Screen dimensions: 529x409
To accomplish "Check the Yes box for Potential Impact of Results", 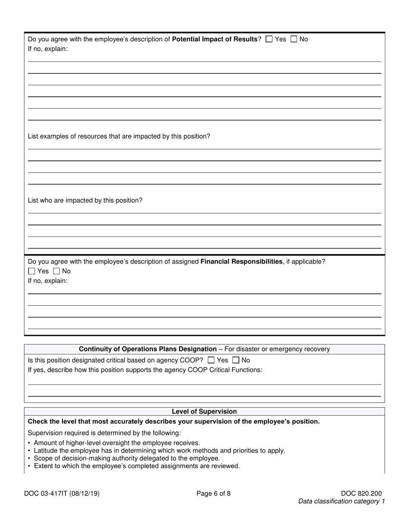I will (269, 39).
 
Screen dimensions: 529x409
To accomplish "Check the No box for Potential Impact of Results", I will (294, 39).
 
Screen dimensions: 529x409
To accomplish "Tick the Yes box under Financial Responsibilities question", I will (31, 271).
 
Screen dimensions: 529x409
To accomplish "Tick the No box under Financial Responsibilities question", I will (56, 271).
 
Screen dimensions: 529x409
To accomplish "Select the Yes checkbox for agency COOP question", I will (211, 360).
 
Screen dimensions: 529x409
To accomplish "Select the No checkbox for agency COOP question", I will (236, 360).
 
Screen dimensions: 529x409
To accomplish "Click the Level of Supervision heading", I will (204, 412).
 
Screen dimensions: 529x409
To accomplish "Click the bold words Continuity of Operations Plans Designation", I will (148, 349).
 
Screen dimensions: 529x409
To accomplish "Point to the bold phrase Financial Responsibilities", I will (242, 261).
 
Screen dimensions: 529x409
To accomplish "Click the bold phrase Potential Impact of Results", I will (214, 39).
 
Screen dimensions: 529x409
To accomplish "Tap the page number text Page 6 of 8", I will (214, 494).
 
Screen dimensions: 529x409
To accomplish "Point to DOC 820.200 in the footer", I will (361, 494).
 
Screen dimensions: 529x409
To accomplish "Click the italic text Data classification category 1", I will (341, 501).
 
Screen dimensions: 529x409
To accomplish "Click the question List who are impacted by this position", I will (85, 200).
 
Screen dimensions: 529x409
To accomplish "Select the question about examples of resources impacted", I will (119, 136).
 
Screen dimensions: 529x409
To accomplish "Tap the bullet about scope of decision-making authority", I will (127, 458).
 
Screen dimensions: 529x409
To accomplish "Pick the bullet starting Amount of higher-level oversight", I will (117, 443).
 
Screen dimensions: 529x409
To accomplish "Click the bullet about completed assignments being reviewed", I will (136, 466).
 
